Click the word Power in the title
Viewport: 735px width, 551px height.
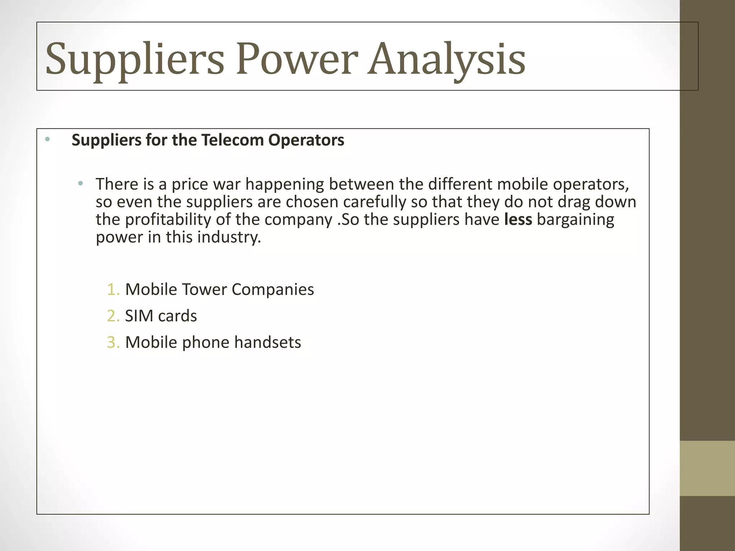tap(297, 59)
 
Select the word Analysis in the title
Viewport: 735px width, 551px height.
tap(446, 59)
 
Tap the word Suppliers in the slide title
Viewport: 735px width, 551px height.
tap(135, 59)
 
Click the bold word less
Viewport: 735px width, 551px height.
tap(518, 220)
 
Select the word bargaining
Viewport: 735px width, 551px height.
tap(575, 220)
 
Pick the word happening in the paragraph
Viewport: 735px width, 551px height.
tap(285, 184)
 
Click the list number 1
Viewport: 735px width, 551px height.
tap(113, 289)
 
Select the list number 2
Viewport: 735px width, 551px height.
tap(113, 316)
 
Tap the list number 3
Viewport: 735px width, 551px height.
tap(113, 343)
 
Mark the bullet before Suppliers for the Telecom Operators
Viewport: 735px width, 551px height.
tap(47, 139)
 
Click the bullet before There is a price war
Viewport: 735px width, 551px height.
tap(80, 184)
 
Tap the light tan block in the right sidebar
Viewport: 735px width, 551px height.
tap(707, 468)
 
